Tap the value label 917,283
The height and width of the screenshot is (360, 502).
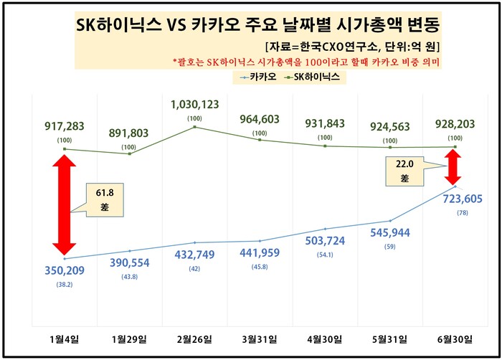point(64,126)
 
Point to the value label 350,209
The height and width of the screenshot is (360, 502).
point(64,273)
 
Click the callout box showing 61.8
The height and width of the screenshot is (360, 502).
point(105,199)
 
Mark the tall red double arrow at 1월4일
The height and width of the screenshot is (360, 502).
point(65,204)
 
